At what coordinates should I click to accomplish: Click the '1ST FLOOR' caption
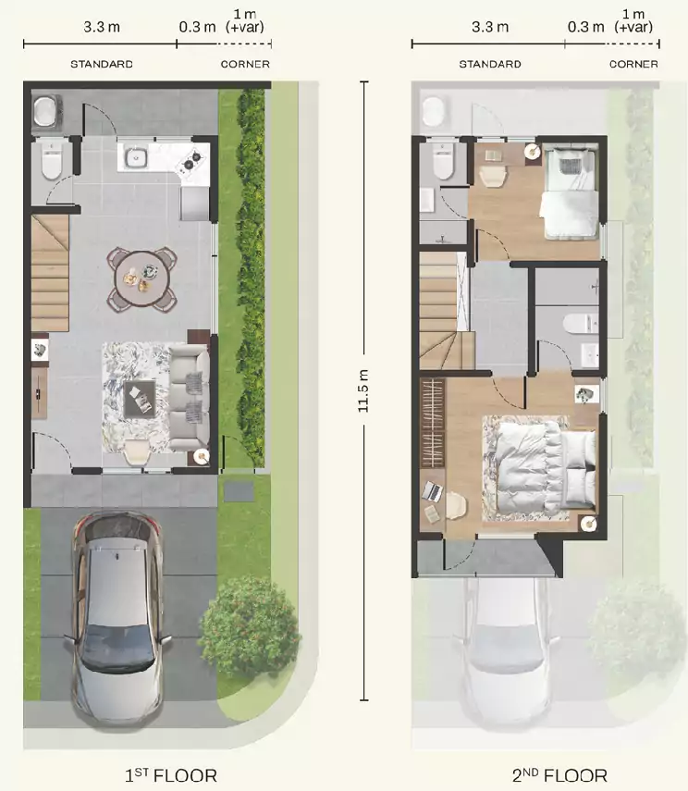pyautogui.click(x=171, y=775)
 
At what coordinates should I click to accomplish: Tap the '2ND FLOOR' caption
pyautogui.click(x=559, y=775)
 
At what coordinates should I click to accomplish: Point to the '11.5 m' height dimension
pyautogui.click(x=363, y=391)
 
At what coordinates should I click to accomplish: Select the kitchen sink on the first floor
pyautogui.click(x=136, y=158)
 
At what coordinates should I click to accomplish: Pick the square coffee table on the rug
pyautogui.click(x=140, y=399)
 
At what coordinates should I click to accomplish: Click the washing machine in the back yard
pyautogui.click(x=47, y=112)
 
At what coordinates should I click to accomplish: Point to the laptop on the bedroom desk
pyautogui.click(x=432, y=491)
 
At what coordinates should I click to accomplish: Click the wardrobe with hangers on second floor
pyautogui.click(x=433, y=423)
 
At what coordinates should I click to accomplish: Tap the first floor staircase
pyautogui.click(x=50, y=273)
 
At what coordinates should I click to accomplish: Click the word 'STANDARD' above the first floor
pyautogui.click(x=102, y=64)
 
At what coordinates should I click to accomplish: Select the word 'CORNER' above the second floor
pyautogui.click(x=633, y=64)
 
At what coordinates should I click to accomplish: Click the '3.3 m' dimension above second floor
pyautogui.click(x=490, y=27)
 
